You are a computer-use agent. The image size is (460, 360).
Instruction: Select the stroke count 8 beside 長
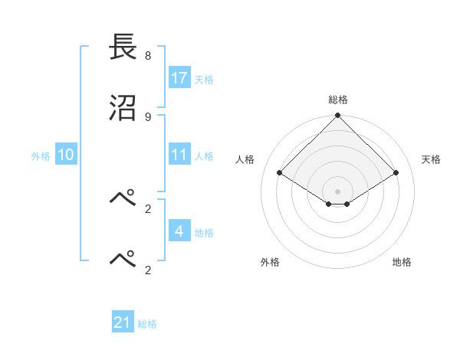click(148, 56)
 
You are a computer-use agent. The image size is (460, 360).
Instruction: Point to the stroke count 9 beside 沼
click(148, 116)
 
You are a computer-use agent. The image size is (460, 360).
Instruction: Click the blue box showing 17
click(179, 77)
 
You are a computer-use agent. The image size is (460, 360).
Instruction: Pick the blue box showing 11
click(179, 155)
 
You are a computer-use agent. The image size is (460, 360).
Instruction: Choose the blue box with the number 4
click(179, 231)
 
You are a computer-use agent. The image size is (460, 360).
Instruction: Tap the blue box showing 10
click(66, 155)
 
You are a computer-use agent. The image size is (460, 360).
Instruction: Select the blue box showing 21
click(123, 322)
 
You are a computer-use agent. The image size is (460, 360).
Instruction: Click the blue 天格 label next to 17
click(204, 79)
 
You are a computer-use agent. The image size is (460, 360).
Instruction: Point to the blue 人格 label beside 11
click(204, 155)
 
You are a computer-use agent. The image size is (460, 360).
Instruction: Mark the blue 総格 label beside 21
click(147, 324)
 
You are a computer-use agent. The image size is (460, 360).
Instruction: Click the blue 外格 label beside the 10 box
click(41, 155)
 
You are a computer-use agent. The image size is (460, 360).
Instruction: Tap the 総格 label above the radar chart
click(338, 100)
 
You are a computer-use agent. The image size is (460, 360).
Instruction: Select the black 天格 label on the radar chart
click(432, 159)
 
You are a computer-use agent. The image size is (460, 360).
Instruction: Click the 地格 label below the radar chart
click(402, 262)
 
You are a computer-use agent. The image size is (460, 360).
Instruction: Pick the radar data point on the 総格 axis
click(338, 116)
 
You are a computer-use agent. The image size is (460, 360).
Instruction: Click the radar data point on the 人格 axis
click(280, 173)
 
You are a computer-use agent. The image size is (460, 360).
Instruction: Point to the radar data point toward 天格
click(396, 173)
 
